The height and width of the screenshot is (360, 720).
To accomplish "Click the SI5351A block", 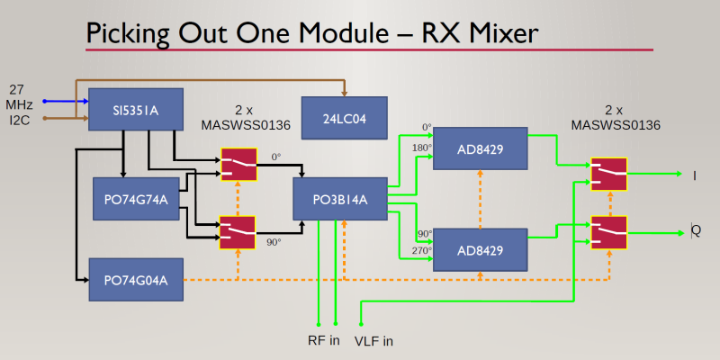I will pyautogui.click(x=135, y=111).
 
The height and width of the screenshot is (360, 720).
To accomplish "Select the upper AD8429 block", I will pyautogui.click(x=480, y=149).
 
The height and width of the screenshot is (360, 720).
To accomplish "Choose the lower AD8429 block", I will pyautogui.click(x=480, y=248).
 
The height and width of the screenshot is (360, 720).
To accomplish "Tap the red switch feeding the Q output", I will pyautogui.click(x=608, y=232).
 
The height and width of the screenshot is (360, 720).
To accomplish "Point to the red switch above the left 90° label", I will pyautogui.click(x=237, y=231).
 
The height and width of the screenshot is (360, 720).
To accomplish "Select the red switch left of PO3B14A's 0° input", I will pyautogui.click(x=237, y=166).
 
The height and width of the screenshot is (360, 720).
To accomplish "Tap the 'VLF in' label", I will pyautogui.click(x=373, y=340).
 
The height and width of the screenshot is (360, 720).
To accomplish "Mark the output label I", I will pyautogui.click(x=694, y=175).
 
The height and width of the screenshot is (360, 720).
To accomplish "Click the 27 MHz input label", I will pyautogui.click(x=22, y=96).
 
